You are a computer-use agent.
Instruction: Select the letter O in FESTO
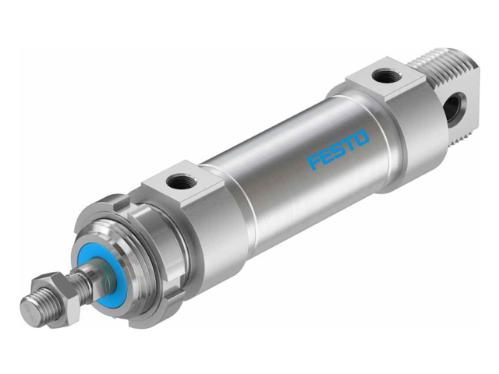[363, 138]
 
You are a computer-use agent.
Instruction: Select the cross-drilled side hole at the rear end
[454, 108]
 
